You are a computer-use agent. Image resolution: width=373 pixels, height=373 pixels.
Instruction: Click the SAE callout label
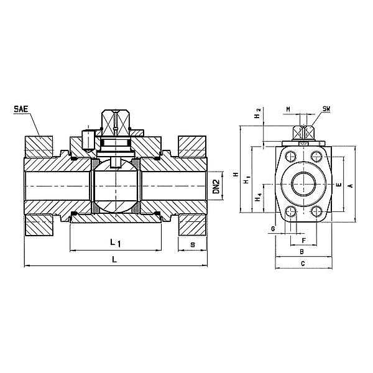click(x=21, y=109)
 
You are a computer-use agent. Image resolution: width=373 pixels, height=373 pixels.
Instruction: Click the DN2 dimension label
click(x=216, y=186)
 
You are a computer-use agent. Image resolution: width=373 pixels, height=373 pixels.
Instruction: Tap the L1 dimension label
click(x=116, y=243)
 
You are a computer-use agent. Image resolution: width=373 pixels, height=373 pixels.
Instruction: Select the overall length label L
click(x=114, y=259)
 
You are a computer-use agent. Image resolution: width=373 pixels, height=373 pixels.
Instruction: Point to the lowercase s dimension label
click(x=193, y=244)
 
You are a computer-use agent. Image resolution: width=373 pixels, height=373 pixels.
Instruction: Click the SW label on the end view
click(x=326, y=109)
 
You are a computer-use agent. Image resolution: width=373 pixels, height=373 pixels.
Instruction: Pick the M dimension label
click(x=288, y=109)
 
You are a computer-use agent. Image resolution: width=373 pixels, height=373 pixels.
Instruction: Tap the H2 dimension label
click(x=257, y=114)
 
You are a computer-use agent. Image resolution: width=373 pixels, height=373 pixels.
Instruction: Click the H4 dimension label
click(x=258, y=198)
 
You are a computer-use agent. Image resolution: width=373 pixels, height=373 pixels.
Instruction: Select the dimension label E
click(x=339, y=185)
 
